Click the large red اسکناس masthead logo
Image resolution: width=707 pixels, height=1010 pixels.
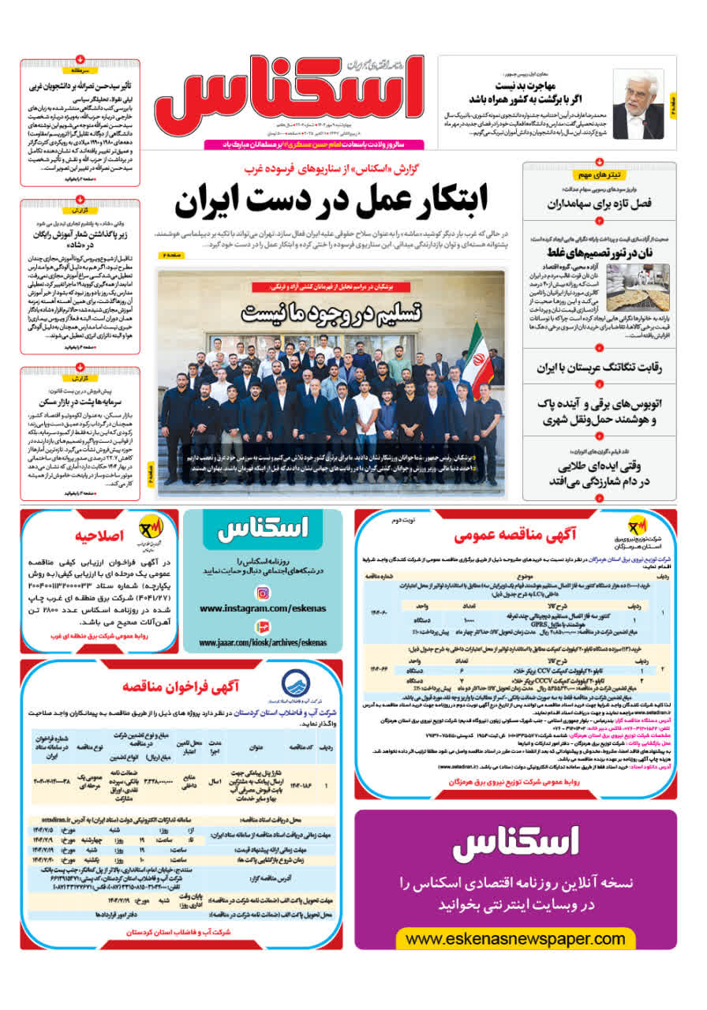point(288,99)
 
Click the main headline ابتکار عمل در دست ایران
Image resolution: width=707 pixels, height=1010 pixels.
point(331,201)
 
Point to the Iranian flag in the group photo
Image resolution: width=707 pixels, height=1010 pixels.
point(476,355)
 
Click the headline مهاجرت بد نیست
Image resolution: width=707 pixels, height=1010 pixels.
point(526,85)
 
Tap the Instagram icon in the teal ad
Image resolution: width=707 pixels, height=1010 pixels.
point(263,593)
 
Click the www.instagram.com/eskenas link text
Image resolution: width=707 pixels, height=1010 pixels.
point(263,608)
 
